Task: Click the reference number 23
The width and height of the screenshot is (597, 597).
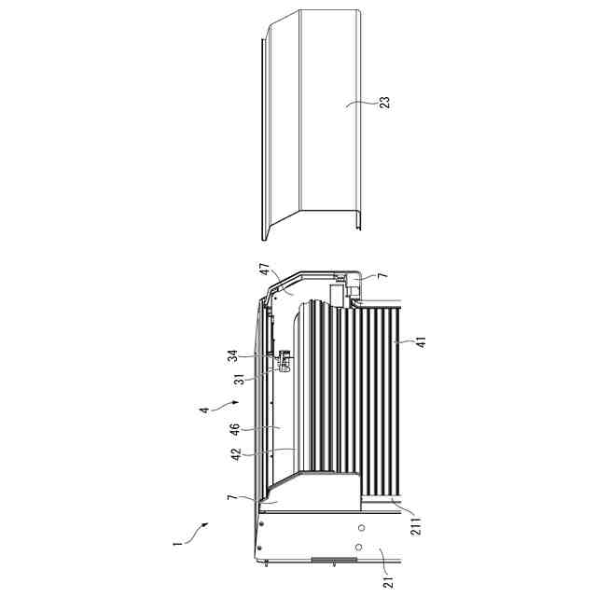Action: coord(385,103)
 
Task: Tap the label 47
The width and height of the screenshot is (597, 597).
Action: coord(265,269)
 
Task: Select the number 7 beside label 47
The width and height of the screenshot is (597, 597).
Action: coord(383,275)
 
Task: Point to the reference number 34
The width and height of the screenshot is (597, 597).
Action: coord(233,356)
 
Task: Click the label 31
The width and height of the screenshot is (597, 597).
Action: coord(240,379)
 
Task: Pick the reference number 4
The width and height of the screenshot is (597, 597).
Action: coord(205,410)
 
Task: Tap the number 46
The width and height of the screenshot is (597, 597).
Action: coord(235,429)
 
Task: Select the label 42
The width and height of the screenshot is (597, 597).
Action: coord(236,454)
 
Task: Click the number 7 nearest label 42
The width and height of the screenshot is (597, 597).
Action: coord(231,497)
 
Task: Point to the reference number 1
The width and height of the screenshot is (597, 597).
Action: coord(175,544)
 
